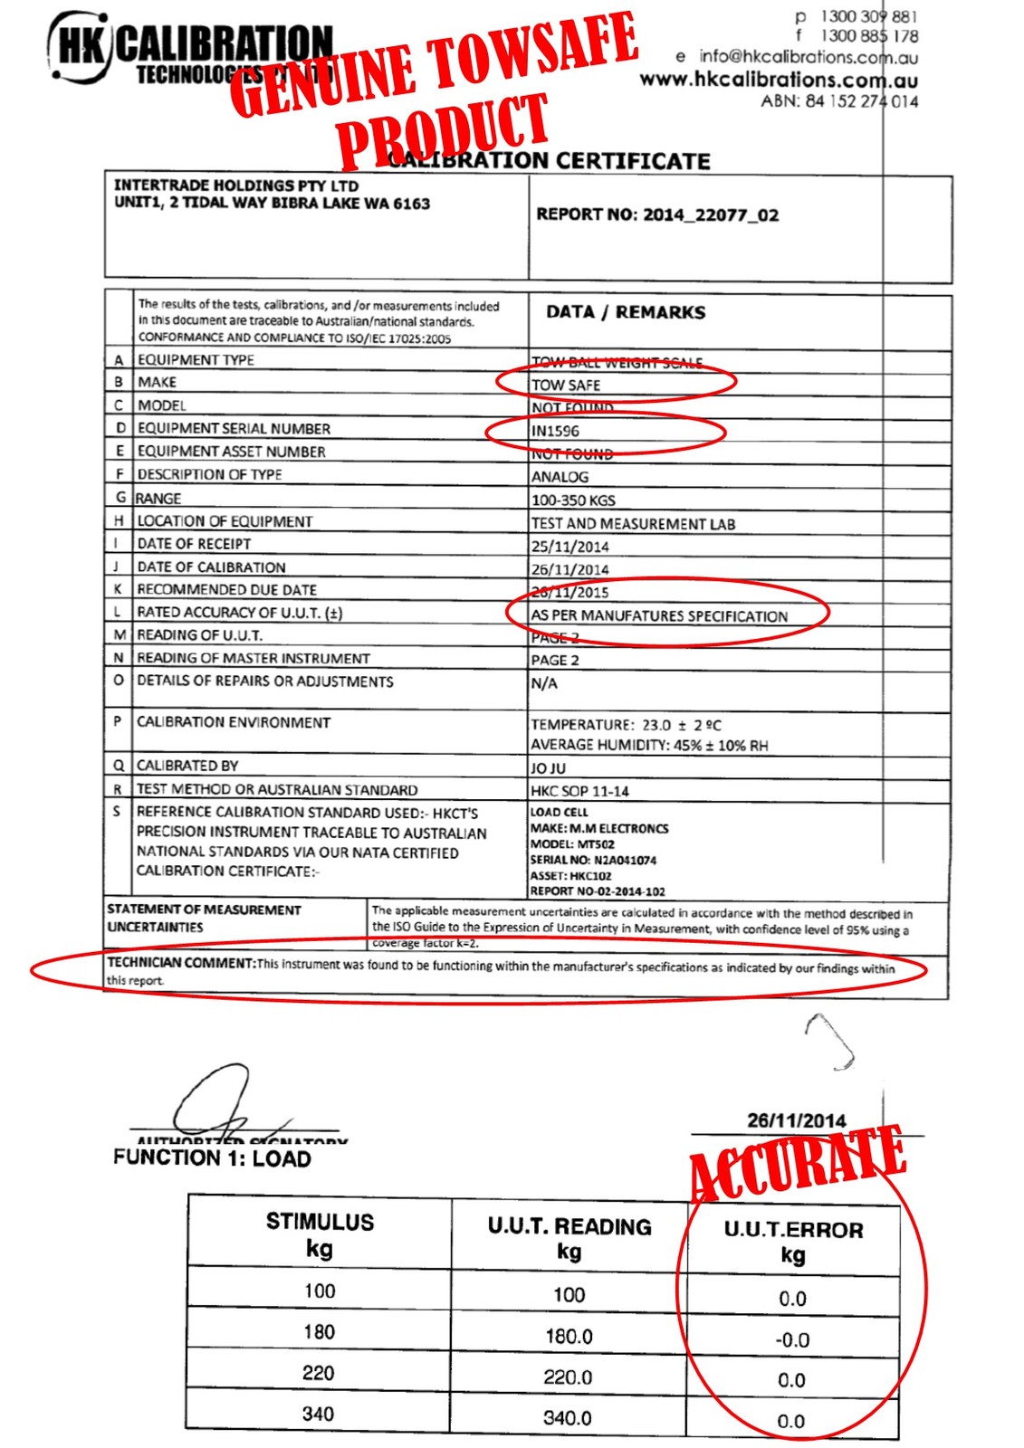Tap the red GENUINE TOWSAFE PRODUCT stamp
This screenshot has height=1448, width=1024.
[x=435, y=90]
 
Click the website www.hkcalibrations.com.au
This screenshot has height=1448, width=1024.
[x=779, y=80]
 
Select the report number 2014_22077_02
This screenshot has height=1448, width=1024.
[x=657, y=215]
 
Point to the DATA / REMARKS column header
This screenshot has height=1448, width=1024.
[x=626, y=312]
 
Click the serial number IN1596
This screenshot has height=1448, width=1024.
[x=555, y=432]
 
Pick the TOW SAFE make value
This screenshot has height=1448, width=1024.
[x=566, y=386]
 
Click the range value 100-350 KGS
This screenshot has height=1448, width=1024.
[x=573, y=500]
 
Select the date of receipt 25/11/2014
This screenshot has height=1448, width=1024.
[x=570, y=547]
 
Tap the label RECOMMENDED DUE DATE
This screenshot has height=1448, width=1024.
[x=226, y=590]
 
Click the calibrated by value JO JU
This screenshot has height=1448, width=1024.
[x=548, y=768]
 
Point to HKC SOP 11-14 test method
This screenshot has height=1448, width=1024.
[x=579, y=791]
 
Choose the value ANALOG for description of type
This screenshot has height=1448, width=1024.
[x=560, y=477]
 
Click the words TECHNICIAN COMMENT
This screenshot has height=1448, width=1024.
[x=181, y=963]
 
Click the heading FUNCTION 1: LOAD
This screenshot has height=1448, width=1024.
[x=212, y=1158]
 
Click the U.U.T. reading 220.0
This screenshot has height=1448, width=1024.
[x=568, y=1377]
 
